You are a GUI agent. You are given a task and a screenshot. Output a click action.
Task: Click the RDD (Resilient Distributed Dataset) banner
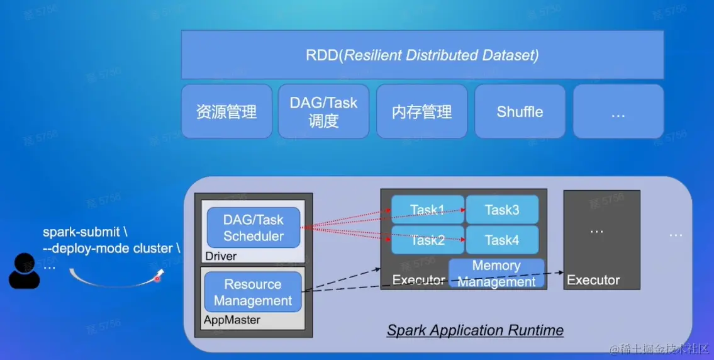pos(422,55)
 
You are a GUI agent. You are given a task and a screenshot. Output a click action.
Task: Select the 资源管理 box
pos(226,111)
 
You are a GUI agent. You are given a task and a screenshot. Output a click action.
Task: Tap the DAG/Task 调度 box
pos(323,111)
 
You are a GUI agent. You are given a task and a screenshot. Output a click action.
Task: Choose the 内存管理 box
pos(421,111)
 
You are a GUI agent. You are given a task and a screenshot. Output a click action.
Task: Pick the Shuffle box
pos(520,111)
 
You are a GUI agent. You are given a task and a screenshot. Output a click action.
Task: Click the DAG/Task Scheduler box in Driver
pos(254,228)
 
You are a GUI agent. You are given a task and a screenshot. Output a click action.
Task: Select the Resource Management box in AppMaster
pos(253,292)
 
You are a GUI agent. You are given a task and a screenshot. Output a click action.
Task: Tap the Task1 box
pos(428,210)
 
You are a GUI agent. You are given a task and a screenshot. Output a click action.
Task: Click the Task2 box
pos(428,240)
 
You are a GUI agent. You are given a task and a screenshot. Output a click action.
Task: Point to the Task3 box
pos(502,210)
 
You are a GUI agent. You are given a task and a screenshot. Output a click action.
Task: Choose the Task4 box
pos(502,240)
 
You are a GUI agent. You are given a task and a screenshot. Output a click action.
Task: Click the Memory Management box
pos(496,273)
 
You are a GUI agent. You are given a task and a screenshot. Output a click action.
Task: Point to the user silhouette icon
pos(25,271)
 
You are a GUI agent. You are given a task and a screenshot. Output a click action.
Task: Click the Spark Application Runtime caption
pos(475,330)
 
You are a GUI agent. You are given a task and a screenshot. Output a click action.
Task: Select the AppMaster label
pos(231,320)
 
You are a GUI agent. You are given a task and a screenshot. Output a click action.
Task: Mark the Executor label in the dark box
pos(593,280)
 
